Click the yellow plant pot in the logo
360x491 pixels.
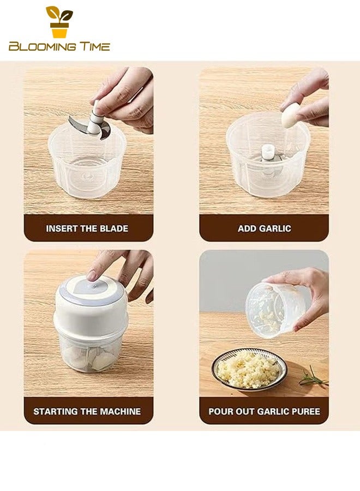click(x=58, y=31)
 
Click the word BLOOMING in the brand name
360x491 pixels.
click(x=42, y=47)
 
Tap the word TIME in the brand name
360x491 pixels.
click(x=94, y=47)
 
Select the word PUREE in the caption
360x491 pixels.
click(x=302, y=411)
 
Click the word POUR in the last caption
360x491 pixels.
click(x=220, y=411)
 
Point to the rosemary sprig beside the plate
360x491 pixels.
click(x=314, y=376)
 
